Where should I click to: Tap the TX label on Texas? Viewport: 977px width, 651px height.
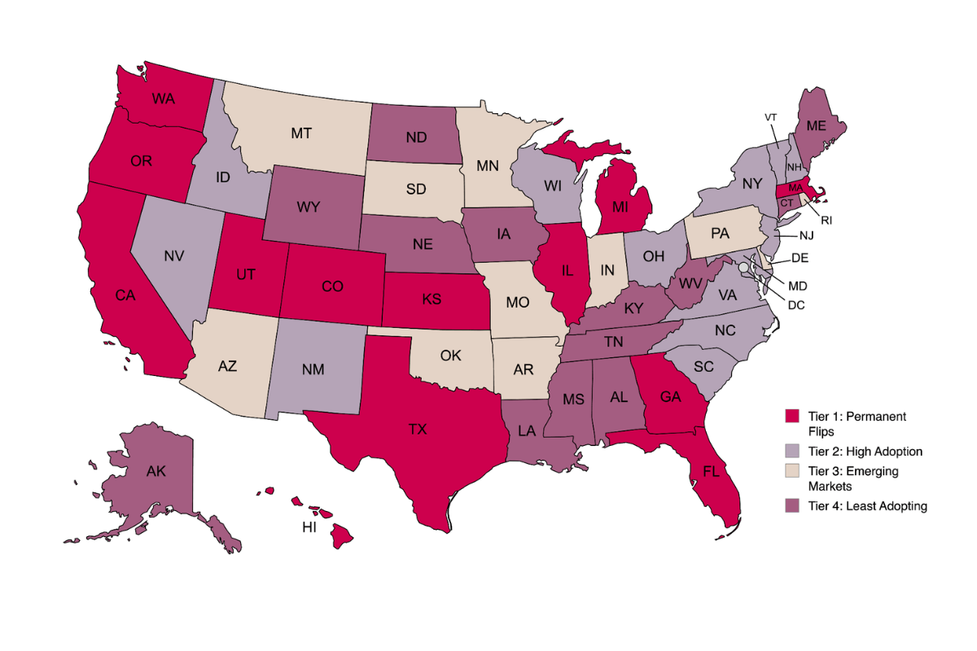[x=417, y=429]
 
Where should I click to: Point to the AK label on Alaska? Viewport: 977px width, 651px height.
[x=156, y=470]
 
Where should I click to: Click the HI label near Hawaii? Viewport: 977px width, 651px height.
[x=309, y=526]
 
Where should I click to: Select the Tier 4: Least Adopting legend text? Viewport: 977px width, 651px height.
[x=867, y=506]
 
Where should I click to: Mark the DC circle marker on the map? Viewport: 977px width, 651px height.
[x=743, y=266]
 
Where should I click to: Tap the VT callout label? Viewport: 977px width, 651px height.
[x=771, y=116]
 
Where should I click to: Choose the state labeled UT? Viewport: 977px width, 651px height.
[x=248, y=277]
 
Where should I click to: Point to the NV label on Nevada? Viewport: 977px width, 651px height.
[x=173, y=255]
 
